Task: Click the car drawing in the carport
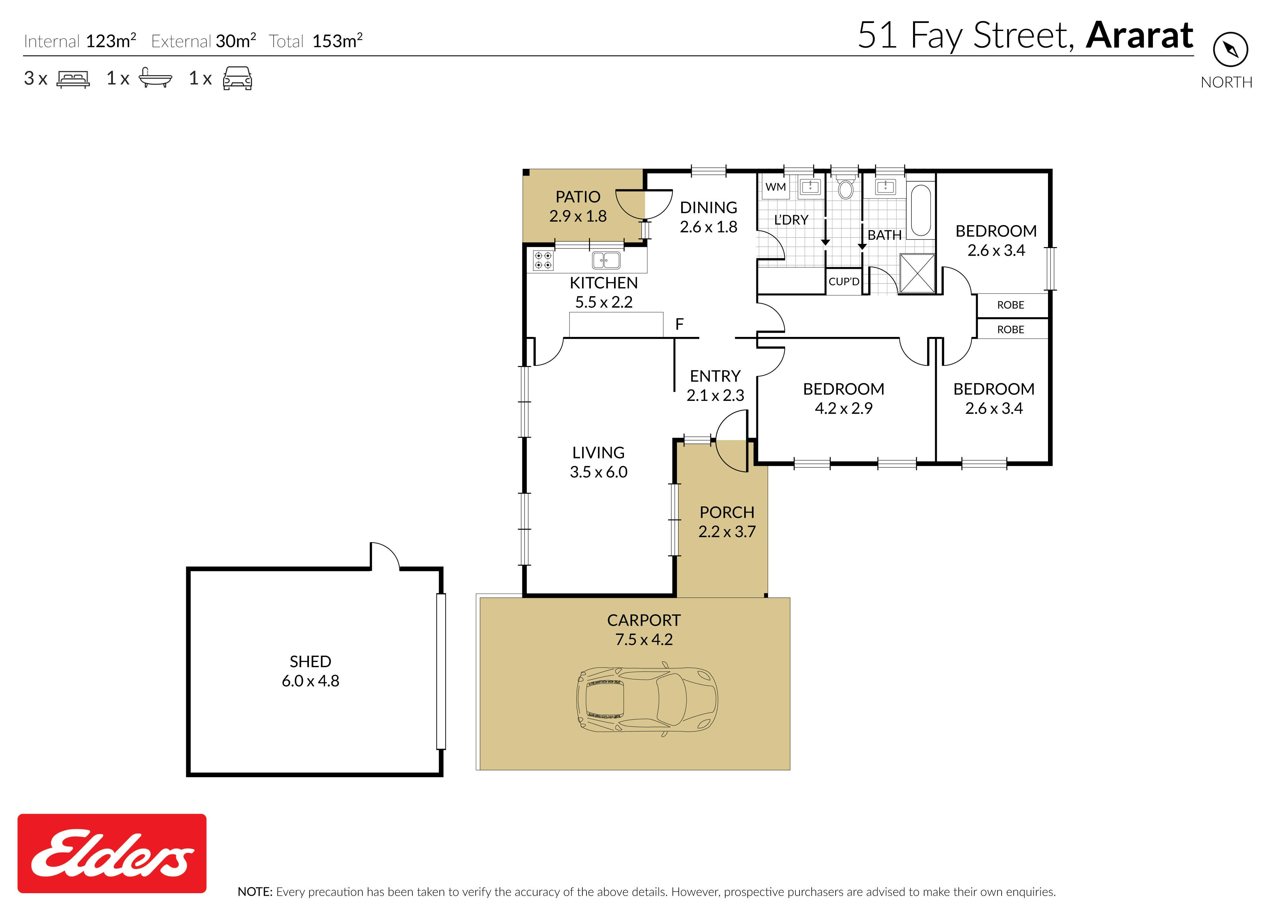click(647, 699)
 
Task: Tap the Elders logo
click(112, 853)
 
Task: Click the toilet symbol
click(846, 187)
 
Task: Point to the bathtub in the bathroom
click(920, 211)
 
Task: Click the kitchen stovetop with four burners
click(543, 260)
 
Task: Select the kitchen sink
click(606, 260)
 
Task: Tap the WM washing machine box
click(776, 187)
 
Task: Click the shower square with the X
click(917, 273)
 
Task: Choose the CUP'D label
click(844, 281)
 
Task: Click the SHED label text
click(311, 661)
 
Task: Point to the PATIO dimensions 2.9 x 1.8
click(578, 216)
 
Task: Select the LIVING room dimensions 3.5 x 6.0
click(599, 472)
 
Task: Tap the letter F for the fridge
click(679, 324)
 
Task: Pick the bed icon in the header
click(73, 79)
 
